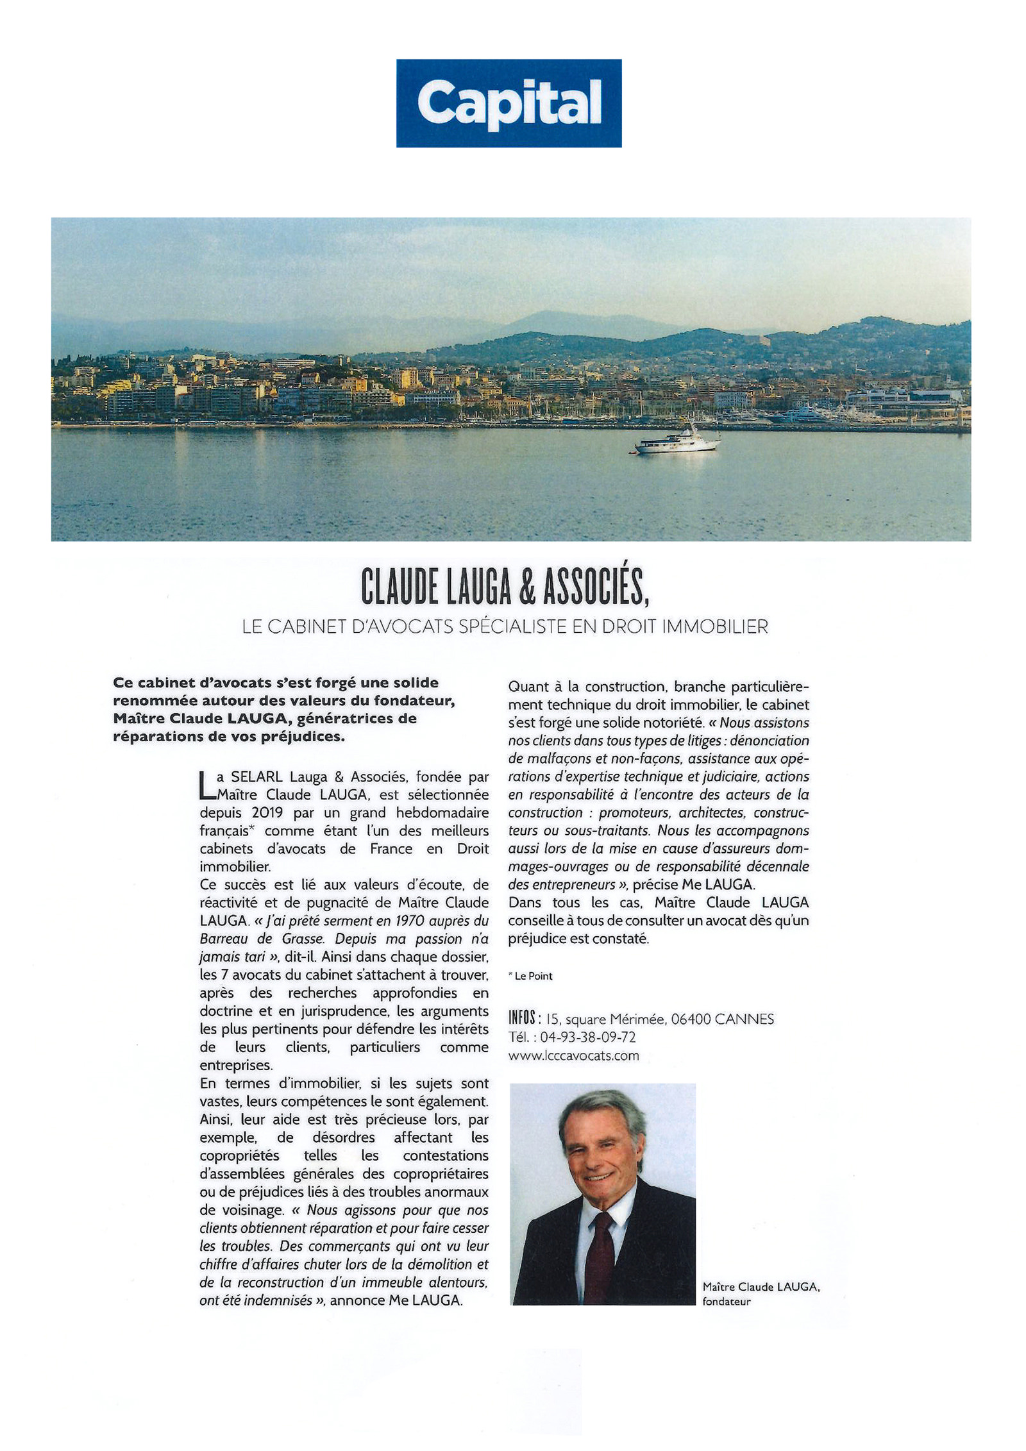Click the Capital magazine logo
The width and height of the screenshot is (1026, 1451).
tap(509, 103)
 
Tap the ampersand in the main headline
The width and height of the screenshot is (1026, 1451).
tap(526, 587)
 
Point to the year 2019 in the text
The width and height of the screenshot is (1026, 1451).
tap(269, 813)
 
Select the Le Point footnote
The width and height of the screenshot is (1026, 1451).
tap(532, 976)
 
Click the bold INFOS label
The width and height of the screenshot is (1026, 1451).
tap(522, 1018)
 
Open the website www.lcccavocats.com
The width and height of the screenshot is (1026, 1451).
tap(573, 1055)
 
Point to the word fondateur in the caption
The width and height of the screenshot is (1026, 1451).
tap(726, 1301)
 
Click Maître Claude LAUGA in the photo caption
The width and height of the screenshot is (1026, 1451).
tap(761, 1286)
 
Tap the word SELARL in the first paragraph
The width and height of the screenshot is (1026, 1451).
tap(256, 777)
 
